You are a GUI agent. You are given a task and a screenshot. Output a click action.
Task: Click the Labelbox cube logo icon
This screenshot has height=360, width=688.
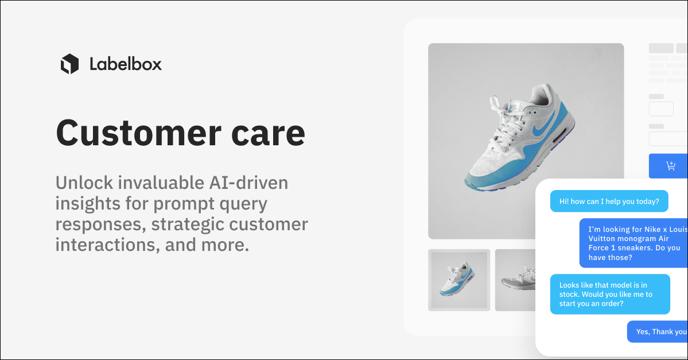pyautogui.click(x=69, y=64)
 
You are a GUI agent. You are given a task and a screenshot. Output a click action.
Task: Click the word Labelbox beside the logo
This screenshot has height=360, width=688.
pyautogui.click(x=126, y=64)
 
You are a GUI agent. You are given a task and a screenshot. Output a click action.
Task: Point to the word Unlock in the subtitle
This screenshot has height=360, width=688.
pyautogui.click(x=86, y=183)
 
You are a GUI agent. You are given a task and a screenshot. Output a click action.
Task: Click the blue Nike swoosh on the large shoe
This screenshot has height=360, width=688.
pyautogui.click(x=541, y=130)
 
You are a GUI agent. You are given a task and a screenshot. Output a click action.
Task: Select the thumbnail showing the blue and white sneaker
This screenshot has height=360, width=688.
pyautogui.click(x=459, y=280)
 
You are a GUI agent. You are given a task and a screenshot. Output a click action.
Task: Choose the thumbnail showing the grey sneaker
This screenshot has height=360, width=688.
pyautogui.click(x=516, y=280)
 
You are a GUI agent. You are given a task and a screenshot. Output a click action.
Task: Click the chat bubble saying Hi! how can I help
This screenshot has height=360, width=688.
pyautogui.click(x=609, y=202)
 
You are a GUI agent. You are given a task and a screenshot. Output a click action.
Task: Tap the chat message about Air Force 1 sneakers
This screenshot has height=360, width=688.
pyautogui.click(x=633, y=243)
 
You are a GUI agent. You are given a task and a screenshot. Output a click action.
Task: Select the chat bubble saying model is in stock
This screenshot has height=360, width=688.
pyautogui.click(x=609, y=294)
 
